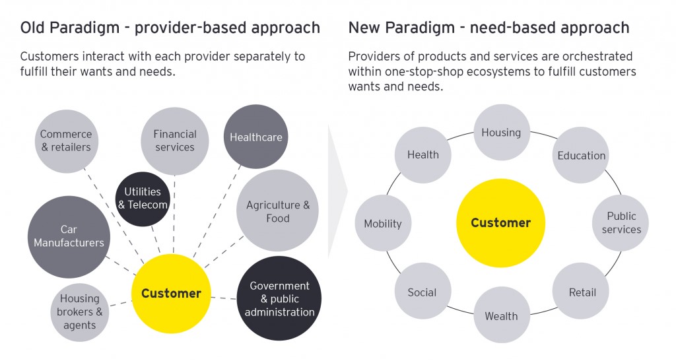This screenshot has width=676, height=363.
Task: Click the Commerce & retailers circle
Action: (66, 141)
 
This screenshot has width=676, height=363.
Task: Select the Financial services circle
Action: (175, 141)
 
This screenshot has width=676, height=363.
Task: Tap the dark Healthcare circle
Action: (256, 137)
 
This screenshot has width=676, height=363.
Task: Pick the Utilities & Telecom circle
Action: (143, 198)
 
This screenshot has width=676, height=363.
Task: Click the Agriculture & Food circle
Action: (277, 211)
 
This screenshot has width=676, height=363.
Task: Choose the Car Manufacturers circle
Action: (69, 236)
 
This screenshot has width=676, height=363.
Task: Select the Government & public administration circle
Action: (279, 298)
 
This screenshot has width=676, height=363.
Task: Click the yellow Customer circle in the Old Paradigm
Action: (171, 294)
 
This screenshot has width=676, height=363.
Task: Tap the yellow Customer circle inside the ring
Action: (500, 222)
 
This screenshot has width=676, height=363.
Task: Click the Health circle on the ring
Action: (422, 155)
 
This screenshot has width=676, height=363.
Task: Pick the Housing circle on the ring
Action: (501, 133)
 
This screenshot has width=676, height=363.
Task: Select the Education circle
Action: (581, 156)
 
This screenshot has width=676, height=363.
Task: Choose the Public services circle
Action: (621, 222)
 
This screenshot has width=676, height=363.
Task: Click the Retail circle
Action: (582, 292)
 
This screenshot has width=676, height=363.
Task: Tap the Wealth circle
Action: (501, 315)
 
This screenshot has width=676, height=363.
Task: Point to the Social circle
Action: (422, 292)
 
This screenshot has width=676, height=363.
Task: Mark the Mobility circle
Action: (383, 224)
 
